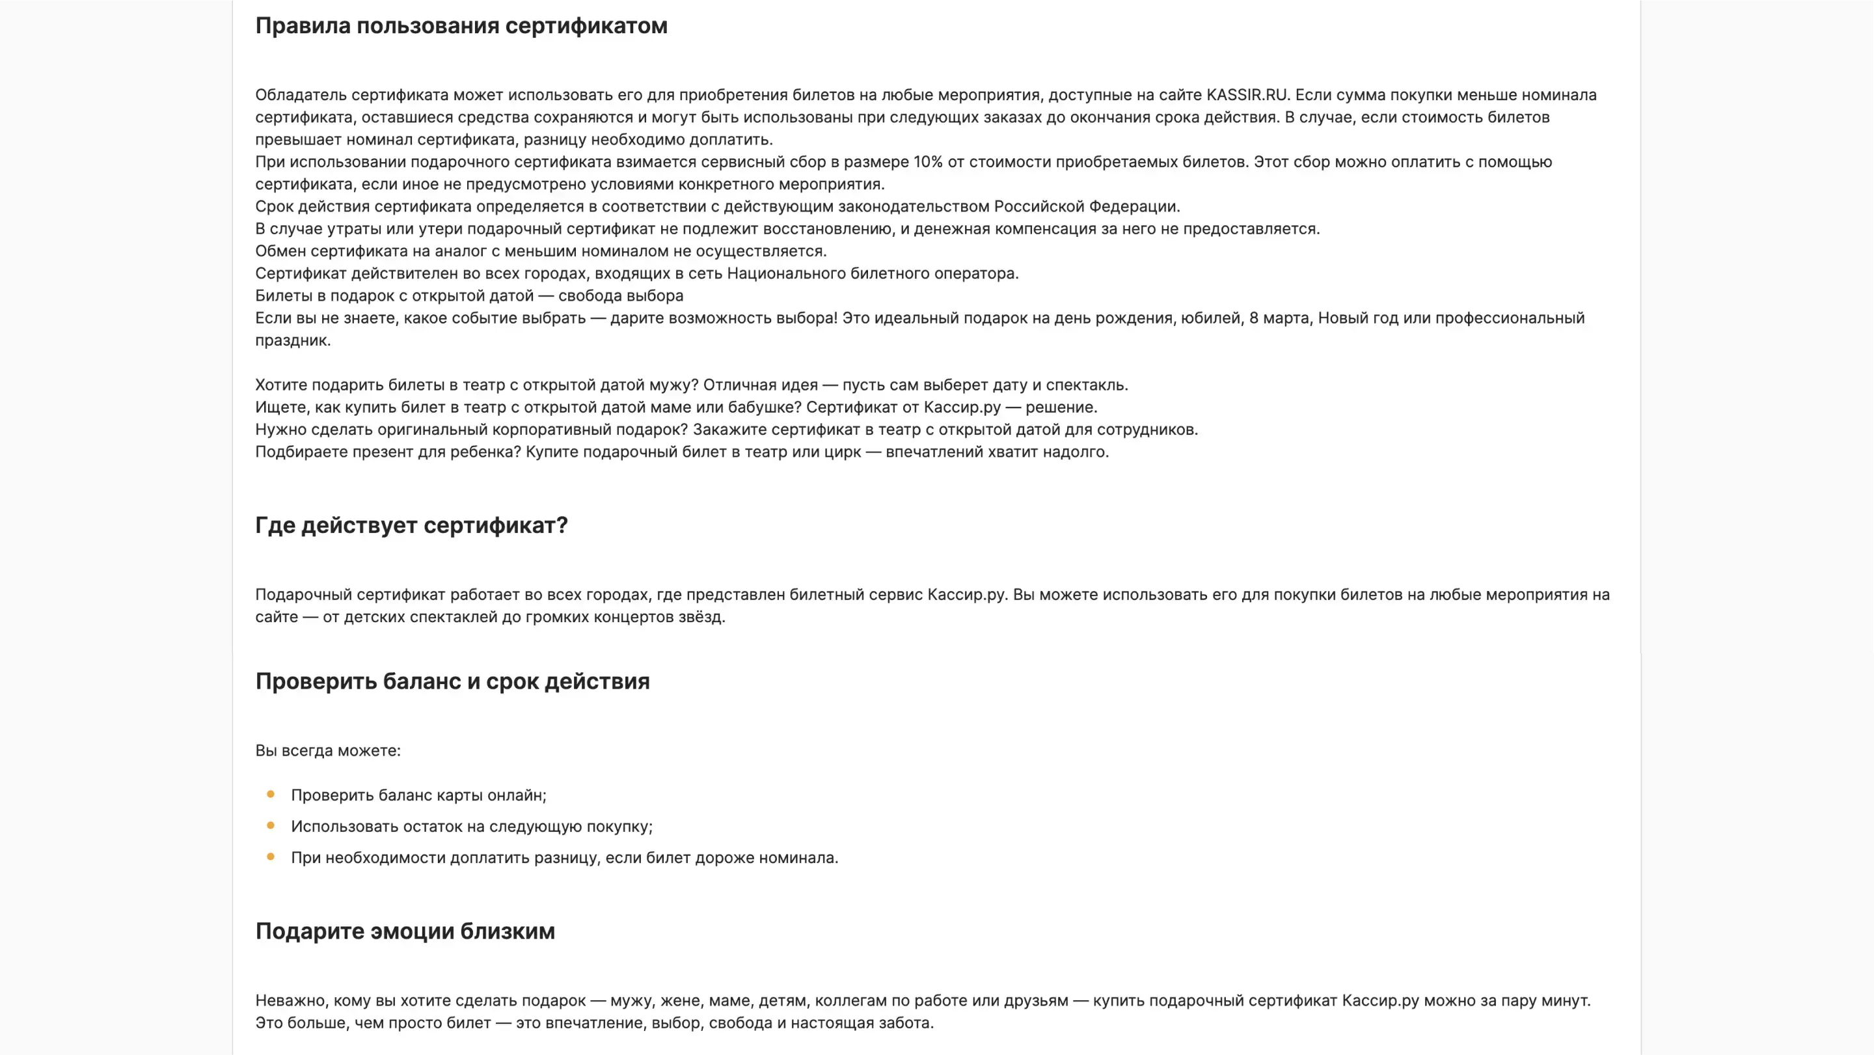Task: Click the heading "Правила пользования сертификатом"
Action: [461, 26]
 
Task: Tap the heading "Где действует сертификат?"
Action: [411, 525]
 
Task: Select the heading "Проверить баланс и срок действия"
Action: [452, 682]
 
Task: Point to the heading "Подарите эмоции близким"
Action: [405, 931]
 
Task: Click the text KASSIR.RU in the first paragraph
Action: [1247, 95]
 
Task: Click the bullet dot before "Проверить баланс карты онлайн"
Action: [271, 795]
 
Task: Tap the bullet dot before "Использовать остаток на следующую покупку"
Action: [271, 826]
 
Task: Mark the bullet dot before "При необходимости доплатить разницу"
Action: [271, 857]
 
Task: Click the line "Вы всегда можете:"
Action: [327, 751]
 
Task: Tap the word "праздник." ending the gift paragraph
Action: [292, 340]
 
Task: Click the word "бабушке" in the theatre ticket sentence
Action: [770, 407]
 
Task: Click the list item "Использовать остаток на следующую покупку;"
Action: [471, 827]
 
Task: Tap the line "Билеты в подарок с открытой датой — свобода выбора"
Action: [469, 296]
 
